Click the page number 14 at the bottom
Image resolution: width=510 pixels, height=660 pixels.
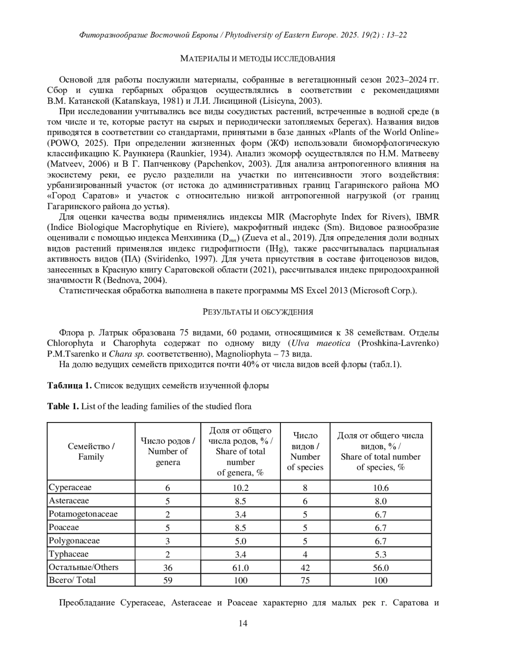tap(243, 623)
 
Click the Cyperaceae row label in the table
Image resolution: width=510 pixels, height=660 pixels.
tap(70, 487)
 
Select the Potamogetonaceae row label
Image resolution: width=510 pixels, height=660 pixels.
tap(83, 514)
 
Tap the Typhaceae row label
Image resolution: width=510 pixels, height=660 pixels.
tap(69, 554)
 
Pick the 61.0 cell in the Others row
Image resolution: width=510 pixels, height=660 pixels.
tap(241, 568)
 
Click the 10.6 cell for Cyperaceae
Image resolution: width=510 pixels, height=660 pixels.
tap(380, 488)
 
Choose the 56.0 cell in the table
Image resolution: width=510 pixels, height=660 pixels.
tap(380, 568)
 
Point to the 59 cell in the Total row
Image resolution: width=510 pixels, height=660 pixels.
tap(168, 580)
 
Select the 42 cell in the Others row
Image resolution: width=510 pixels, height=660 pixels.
tap(305, 568)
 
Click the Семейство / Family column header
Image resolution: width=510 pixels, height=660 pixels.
tap(91, 451)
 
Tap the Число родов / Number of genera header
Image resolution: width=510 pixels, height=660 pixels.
tap(168, 451)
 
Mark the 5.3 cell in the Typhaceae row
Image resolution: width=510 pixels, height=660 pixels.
tap(380, 554)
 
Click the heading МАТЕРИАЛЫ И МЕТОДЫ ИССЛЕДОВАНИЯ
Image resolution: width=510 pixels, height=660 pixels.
tap(258, 59)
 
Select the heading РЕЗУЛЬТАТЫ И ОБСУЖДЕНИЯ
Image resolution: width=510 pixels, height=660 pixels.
tap(258, 312)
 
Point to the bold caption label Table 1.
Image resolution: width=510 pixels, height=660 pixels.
tap(63, 406)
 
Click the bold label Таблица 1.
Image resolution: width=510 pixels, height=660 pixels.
tap(69, 385)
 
